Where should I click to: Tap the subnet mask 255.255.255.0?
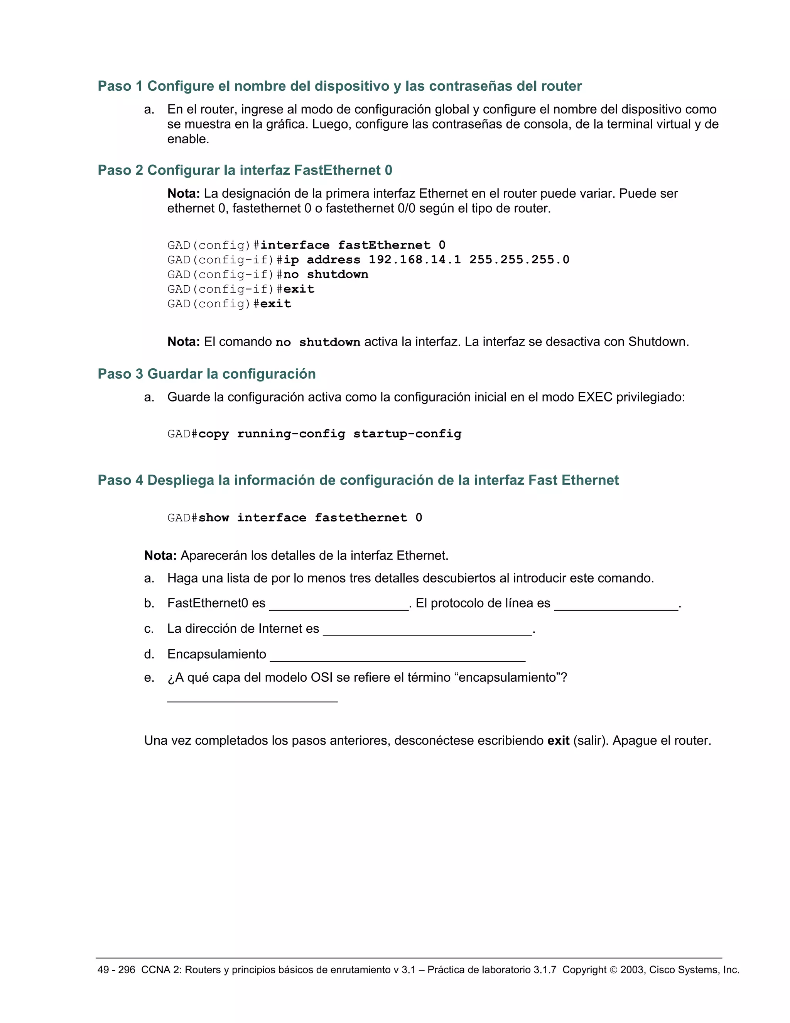click(x=519, y=259)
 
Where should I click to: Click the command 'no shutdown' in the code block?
click(x=326, y=274)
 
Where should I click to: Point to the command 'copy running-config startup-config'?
click(x=329, y=434)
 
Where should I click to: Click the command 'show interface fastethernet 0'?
click(x=310, y=518)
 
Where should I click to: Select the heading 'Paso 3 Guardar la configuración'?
click(x=206, y=374)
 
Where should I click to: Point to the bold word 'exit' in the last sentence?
click(x=558, y=740)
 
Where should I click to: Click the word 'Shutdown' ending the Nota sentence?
click(x=658, y=342)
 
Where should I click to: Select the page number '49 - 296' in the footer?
click(x=116, y=970)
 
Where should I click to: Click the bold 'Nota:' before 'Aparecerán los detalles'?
click(x=160, y=556)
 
